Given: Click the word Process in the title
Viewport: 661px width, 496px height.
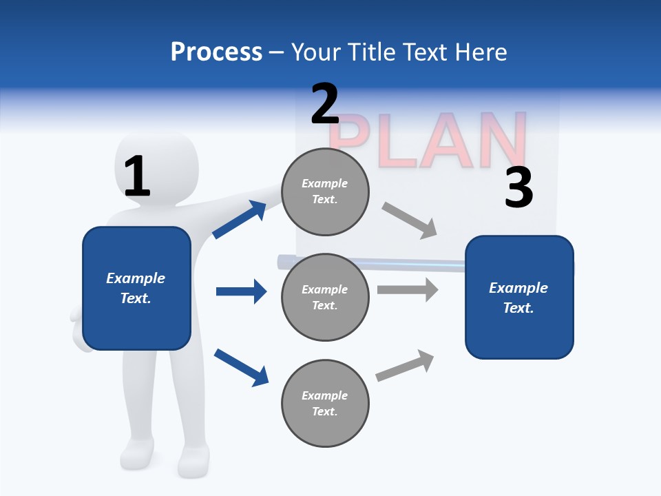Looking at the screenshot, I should [x=216, y=52].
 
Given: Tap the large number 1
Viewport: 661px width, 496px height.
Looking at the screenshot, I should [x=136, y=177].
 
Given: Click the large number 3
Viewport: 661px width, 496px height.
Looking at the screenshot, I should [x=518, y=188].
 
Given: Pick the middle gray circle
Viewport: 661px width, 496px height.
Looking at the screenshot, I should [x=325, y=297].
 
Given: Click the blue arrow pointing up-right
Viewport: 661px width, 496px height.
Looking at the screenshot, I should [x=240, y=219].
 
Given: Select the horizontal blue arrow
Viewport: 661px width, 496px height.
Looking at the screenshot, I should [x=241, y=291].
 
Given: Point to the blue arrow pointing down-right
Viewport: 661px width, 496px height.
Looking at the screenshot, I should [x=241, y=366].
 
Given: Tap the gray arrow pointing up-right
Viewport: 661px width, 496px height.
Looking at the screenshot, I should [x=405, y=365].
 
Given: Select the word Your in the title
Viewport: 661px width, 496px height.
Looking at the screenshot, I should [x=314, y=52].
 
